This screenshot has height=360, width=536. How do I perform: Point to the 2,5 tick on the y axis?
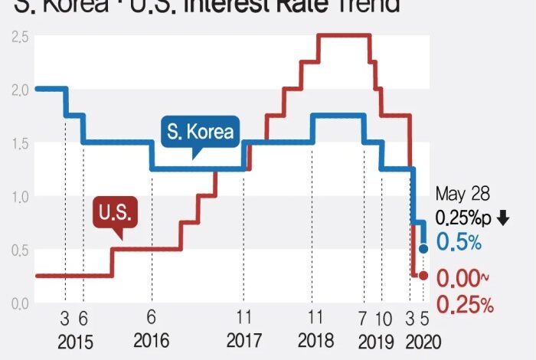[19, 37]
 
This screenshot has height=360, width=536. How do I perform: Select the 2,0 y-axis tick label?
[19, 90]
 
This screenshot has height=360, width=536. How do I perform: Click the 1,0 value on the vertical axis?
[19, 197]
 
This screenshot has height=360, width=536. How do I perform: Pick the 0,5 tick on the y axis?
[19, 250]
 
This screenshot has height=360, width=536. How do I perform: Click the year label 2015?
[74, 340]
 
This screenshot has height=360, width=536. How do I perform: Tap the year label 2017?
[243, 340]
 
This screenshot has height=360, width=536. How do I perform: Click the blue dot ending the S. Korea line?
[423, 249]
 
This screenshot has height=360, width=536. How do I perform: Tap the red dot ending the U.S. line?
[423, 276]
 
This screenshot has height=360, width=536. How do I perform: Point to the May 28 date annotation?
[462, 194]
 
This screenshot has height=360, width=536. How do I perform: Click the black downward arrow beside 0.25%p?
[502, 218]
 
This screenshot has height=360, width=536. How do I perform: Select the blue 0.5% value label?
[459, 243]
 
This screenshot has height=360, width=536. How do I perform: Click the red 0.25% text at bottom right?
[465, 305]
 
